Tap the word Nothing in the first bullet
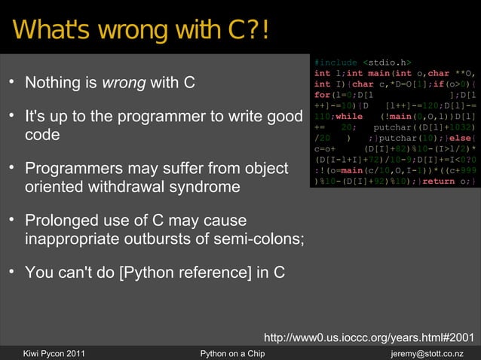(54, 82)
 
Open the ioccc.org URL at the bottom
(368, 336)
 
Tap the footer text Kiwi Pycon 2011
(54, 353)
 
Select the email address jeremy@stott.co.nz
(427, 353)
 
